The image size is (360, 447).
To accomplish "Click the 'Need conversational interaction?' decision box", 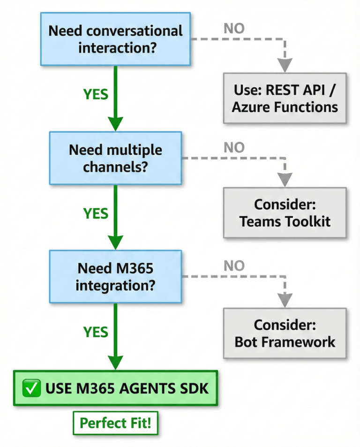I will tap(115, 39).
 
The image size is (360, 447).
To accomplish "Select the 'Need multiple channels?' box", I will tap(115, 158).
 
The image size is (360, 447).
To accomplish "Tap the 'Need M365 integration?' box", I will tap(115, 277).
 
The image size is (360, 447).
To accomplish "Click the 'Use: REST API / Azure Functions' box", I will tap(285, 98).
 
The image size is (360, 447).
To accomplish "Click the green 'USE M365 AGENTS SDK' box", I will tap(115, 388).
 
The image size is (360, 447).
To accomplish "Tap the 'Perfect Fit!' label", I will tap(115, 423).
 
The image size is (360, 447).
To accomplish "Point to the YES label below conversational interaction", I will tap(96, 94).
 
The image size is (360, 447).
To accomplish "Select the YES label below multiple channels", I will tap(96, 213).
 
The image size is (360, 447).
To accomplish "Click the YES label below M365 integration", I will tap(96, 332).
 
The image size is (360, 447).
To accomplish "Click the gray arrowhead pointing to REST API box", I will tap(285, 65).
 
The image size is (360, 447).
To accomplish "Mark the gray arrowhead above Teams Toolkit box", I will tap(285, 180).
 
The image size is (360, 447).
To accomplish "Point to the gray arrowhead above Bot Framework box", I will tap(285, 300).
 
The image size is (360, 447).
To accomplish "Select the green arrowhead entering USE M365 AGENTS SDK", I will tap(115, 362).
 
